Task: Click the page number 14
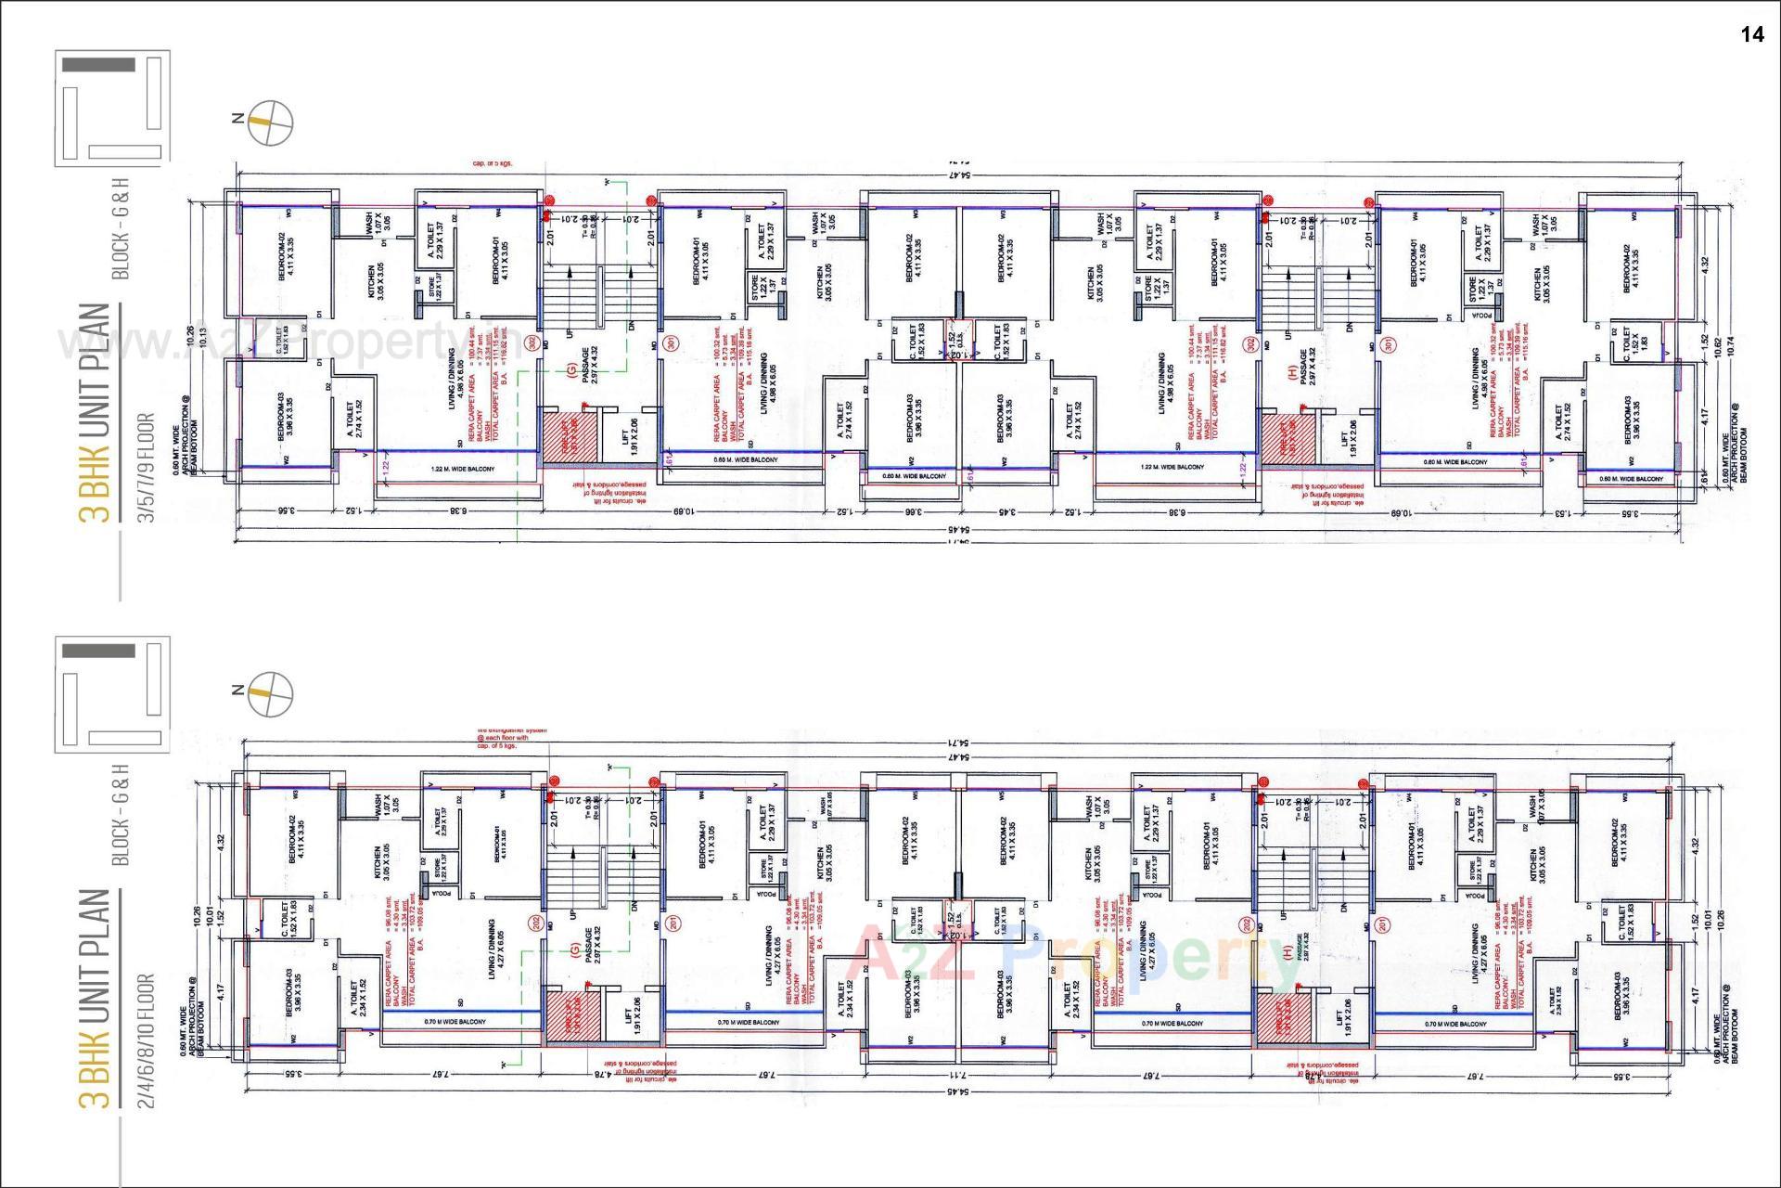pyautogui.click(x=1751, y=35)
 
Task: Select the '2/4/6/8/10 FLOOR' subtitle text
pyautogui.click(x=147, y=1039)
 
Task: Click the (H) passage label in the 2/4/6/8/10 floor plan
pyautogui.click(x=1287, y=951)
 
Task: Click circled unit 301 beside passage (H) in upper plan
pyautogui.click(x=1389, y=344)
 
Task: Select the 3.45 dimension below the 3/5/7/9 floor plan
pyautogui.click(x=1006, y=510)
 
